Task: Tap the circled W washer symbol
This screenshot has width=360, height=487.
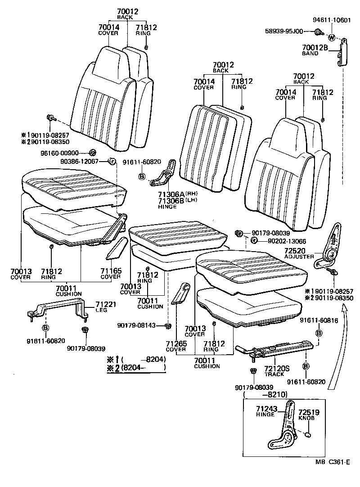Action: click(x=332, y=37)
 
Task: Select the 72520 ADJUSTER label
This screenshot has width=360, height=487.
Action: click(x=299, y=253)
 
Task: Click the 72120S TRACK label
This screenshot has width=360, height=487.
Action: click(x=276, y=370)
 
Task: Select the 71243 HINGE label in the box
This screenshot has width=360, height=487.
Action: click(x=265, y=411)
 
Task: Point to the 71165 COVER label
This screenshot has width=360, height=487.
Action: click(x=110, y=274)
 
